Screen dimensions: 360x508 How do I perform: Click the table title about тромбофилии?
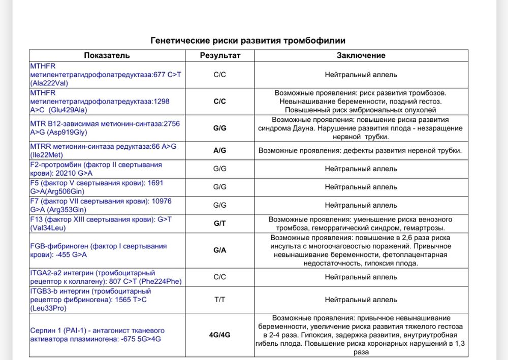coord(248,40)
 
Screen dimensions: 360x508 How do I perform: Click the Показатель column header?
coord(107,55)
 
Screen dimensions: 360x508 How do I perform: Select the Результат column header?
coord(220,55)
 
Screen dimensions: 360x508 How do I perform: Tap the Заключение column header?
coord(361,55)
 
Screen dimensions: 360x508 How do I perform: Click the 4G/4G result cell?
coord(220,335)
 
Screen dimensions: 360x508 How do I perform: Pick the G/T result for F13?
coord(220,223)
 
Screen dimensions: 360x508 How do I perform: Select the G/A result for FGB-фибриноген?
coord(220,250)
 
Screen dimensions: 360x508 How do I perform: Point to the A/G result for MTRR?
coord(220,151)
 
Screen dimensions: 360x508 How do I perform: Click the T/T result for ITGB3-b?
coord(220,300)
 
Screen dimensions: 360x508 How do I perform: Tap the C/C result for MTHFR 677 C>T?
coord(220,75)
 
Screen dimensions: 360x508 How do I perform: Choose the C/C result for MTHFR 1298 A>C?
coord(220,102)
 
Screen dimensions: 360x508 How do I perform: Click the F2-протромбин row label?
coord(97,169)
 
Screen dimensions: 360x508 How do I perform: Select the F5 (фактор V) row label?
coord(97,187)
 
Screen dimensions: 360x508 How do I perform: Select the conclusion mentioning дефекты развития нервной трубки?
coord(360,151)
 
